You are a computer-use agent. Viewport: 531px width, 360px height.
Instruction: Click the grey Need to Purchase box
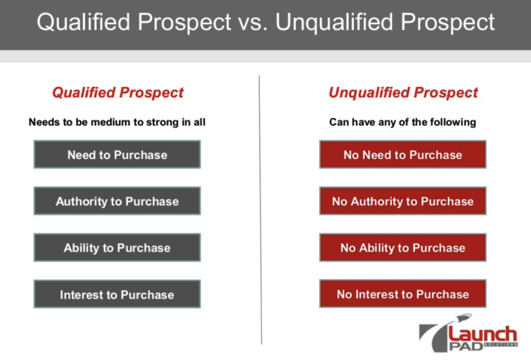(x=117, y=155)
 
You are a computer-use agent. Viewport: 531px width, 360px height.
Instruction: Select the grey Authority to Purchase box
(x=117, y=201)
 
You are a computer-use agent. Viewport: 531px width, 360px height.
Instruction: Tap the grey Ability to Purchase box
(x=117, y=247)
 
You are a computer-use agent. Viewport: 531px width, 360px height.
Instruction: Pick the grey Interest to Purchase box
(x=117, y=294)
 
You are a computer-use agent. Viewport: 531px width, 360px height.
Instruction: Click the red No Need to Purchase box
(x=402, y=155)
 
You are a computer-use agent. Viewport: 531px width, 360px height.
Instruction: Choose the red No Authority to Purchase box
(x=402, y=201)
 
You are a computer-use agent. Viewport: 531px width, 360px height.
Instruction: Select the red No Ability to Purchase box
(x=402, y=247)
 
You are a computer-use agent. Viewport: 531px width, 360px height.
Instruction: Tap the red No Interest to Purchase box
(x=402, y=294)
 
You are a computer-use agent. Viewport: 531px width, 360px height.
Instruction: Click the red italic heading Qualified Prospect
(x=118, y=93)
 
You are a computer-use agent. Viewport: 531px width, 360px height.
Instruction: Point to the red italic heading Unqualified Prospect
(x=403, y=93)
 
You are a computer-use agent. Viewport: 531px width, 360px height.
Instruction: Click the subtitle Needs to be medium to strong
(x=117, y=122)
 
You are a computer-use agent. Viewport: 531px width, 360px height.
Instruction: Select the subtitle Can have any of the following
(x=402, y=122)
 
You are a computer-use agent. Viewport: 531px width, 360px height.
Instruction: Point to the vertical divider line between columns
(x=260, y=207)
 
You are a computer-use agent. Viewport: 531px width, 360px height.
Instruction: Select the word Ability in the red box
(x=380, y=247)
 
